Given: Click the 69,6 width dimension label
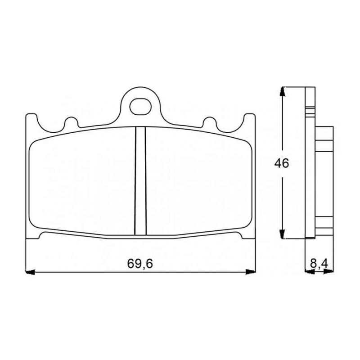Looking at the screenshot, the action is [x=140, y=264].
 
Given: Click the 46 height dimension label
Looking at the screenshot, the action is [x=282, y=163].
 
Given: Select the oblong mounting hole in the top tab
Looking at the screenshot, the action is [x=140, y=107].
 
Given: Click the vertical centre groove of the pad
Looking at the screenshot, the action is [x=140, y=181].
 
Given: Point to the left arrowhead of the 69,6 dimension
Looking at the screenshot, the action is [x=30, y=272].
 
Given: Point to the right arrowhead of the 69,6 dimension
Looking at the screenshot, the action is [x=251, y=272].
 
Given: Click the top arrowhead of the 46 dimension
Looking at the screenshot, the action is [x=283, y=91].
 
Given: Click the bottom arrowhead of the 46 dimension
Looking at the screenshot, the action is [x=283, y=234].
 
